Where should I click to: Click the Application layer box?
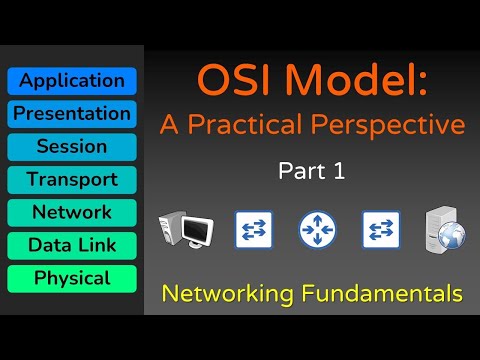pos(71,81)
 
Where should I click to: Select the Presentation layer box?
pos(71,114)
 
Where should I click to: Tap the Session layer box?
pos(71,147)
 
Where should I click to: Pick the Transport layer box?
pos(71,180)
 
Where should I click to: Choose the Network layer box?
pos(71,213)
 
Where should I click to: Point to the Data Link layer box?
pos(71,246)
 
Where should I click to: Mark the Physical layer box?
pos(71,278)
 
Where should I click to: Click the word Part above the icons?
pos(297,172)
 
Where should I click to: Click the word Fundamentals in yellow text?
pos(380,295)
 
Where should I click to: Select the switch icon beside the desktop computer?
pos(252,230)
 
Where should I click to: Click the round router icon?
pos(317,230)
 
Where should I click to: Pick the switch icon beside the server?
pos(381,230)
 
